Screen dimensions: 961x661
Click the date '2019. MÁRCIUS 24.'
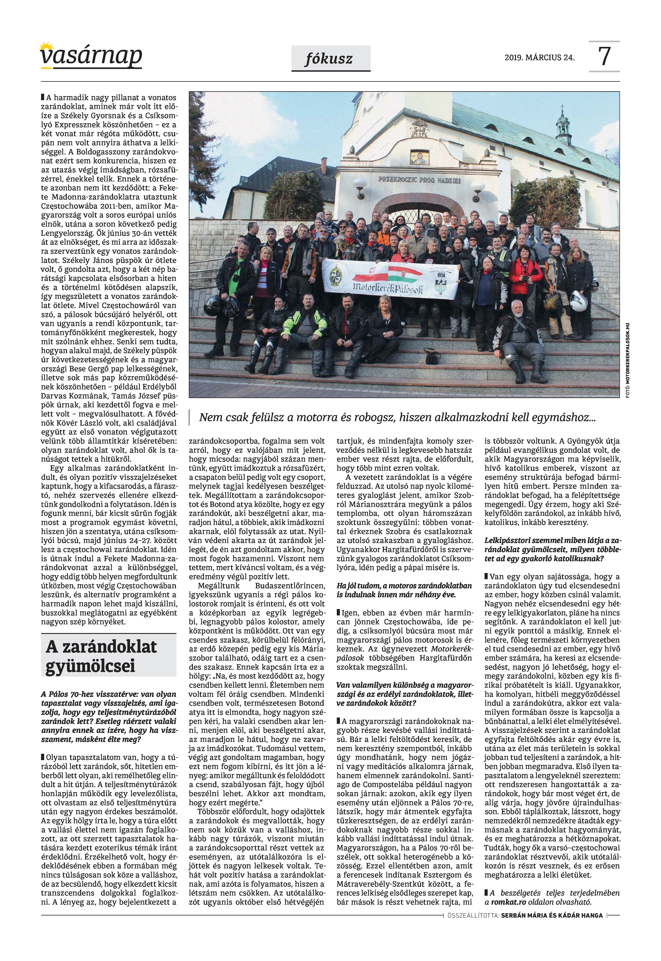tap(539, 58)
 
